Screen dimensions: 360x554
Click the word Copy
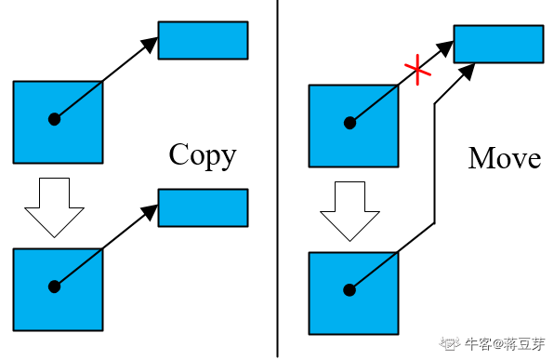[202, 154]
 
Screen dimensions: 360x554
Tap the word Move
[505, 158]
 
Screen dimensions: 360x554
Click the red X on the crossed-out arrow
[416, 71]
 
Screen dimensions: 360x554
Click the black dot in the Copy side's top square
[54, 119]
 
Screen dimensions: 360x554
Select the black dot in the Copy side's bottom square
[54, 287]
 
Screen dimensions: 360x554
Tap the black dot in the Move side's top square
[350, 122]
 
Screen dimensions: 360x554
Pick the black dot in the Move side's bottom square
[350, 290]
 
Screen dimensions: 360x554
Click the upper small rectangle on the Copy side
[203, 40]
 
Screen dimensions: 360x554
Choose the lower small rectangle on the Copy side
[203, 207]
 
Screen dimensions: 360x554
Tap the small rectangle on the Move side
[498, 44]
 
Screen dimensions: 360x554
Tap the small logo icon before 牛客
[451, 344]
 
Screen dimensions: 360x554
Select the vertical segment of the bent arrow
[435, 164]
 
